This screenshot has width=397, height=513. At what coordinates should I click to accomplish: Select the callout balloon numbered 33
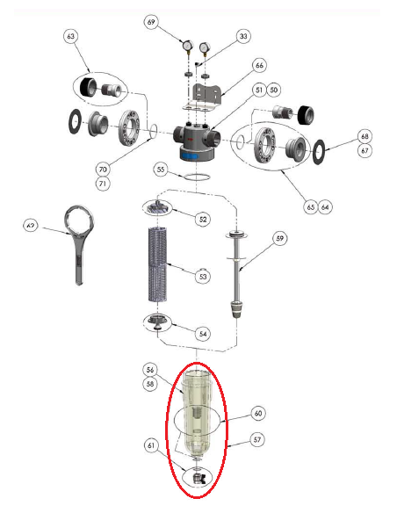242,36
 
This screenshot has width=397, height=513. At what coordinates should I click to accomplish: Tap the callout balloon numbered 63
71,37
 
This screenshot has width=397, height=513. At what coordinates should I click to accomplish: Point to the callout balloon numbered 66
259,66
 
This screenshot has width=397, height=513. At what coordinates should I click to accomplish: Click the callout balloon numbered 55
160,169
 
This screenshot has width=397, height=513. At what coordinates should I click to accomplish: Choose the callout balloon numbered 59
280,237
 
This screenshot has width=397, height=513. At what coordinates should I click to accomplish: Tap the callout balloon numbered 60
257,412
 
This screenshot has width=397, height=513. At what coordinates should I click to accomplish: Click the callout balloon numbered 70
102,169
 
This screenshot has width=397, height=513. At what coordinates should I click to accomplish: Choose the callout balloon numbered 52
204,218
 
